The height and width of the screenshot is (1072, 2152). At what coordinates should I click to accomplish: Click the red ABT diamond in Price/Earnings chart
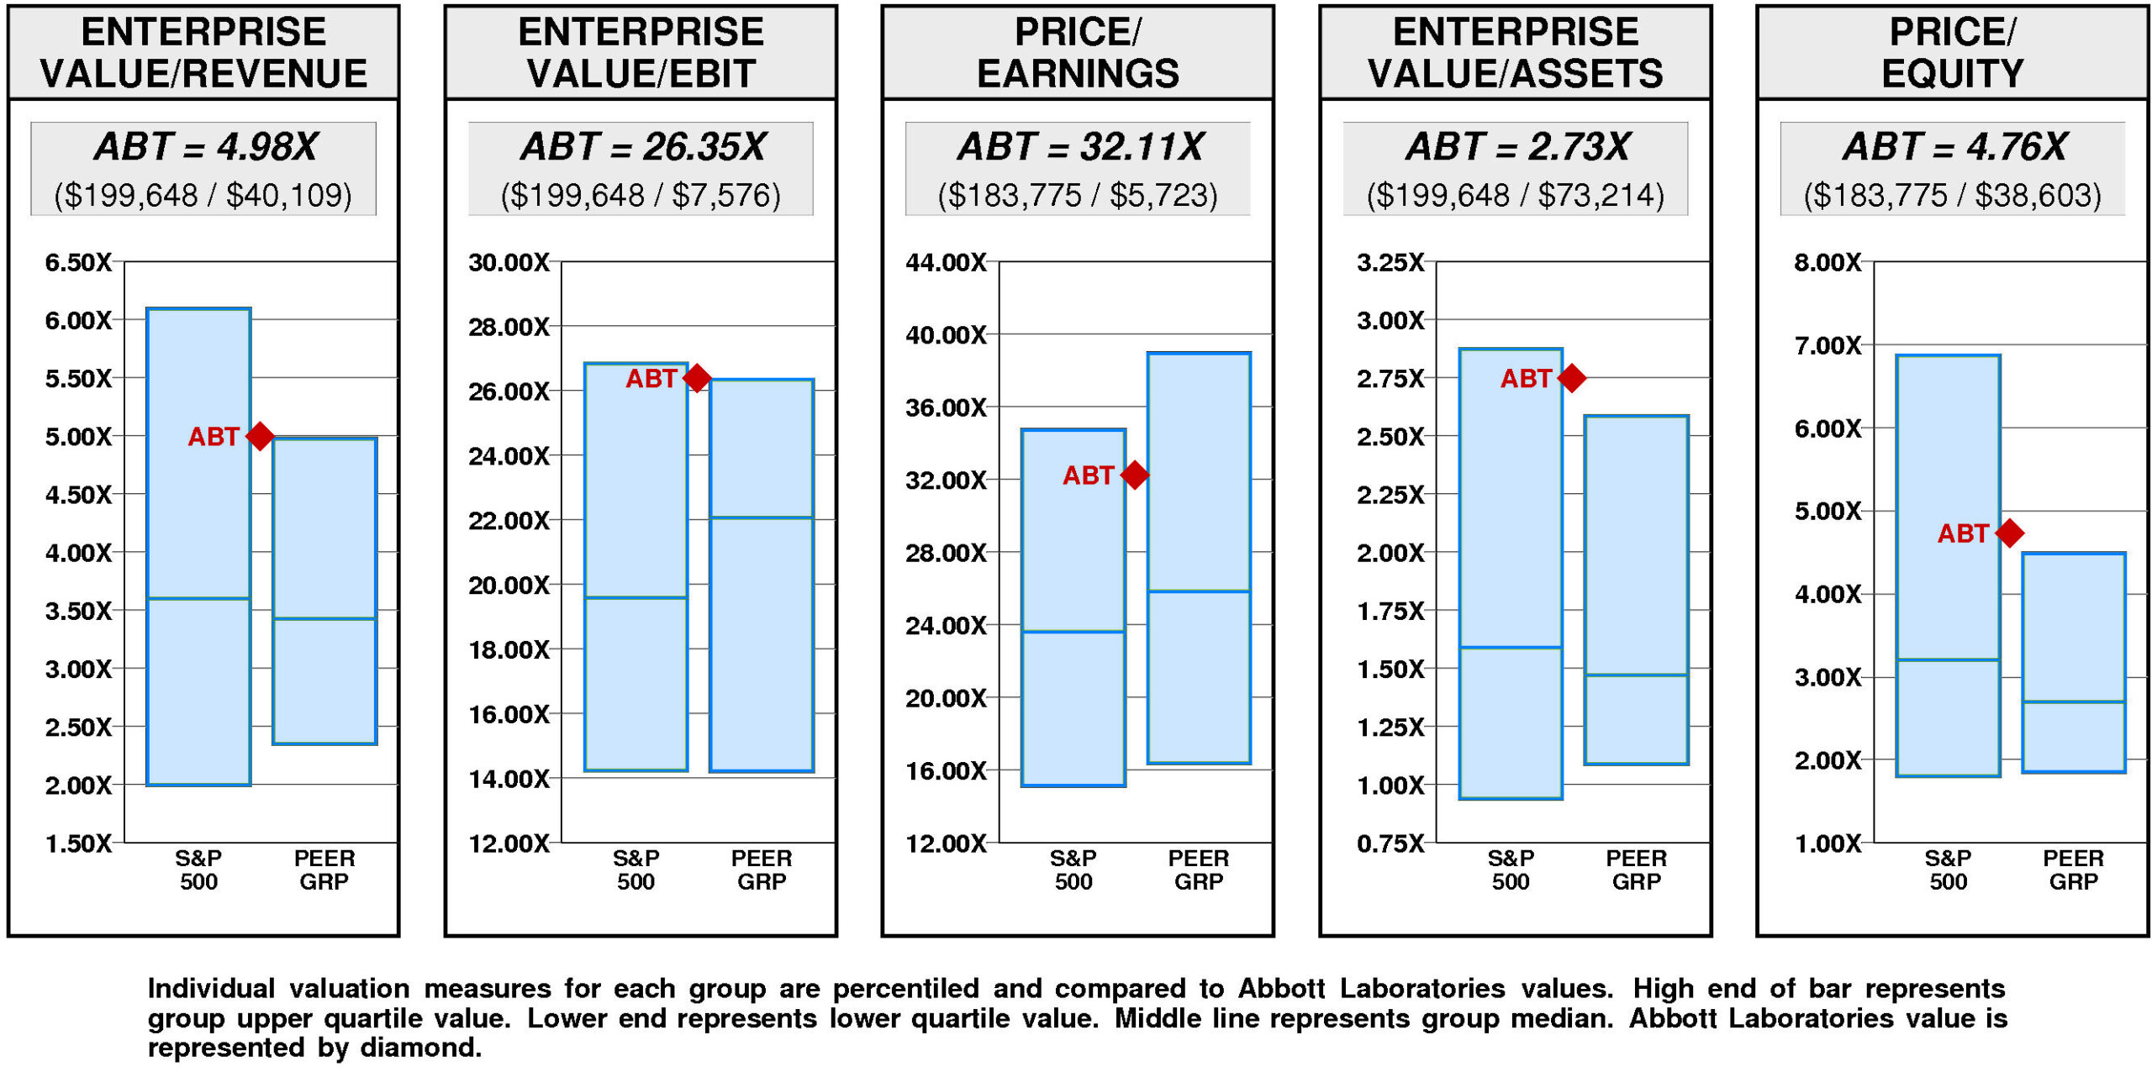(x=1135, y=475)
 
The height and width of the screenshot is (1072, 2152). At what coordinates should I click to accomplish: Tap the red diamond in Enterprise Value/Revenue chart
(x=260, y=436)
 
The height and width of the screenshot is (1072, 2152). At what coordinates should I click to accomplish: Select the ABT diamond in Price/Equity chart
(x=2010, y=533)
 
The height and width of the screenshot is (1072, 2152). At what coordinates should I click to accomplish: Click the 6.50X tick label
(x=78, y=262)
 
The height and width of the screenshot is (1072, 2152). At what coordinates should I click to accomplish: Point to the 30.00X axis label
(x=509, y=262)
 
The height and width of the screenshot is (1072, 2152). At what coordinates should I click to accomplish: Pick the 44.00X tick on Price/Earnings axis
(x=946, y=262)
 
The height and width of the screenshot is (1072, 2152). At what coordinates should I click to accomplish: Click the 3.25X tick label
(x=1390, y=262)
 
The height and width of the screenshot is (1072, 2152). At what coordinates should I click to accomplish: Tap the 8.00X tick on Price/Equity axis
(x=1828, y=262)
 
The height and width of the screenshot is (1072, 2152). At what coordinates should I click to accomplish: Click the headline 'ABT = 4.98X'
(x=205, y=147)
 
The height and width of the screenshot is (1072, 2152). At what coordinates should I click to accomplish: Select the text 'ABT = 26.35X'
(x=642, y=147)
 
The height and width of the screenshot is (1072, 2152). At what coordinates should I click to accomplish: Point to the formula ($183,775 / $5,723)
(x=1078, y=195)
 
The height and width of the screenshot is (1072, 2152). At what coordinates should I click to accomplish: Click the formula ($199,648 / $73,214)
(x=1515, y=195)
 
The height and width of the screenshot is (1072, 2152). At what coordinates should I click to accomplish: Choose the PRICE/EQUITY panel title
(x=1952, y=52)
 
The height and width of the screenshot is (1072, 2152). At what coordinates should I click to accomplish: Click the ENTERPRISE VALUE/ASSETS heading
(x=1515, y=52)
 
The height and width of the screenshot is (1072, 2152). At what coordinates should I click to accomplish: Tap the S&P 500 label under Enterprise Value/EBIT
(x=636, y=870)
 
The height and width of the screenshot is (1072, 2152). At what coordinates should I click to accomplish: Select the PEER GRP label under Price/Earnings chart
(x=1199, y=870)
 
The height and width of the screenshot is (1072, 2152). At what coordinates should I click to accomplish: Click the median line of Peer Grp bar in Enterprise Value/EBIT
(x=762, y=518)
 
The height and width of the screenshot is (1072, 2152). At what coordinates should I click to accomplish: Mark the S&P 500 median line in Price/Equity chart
(x=1948, y=659)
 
